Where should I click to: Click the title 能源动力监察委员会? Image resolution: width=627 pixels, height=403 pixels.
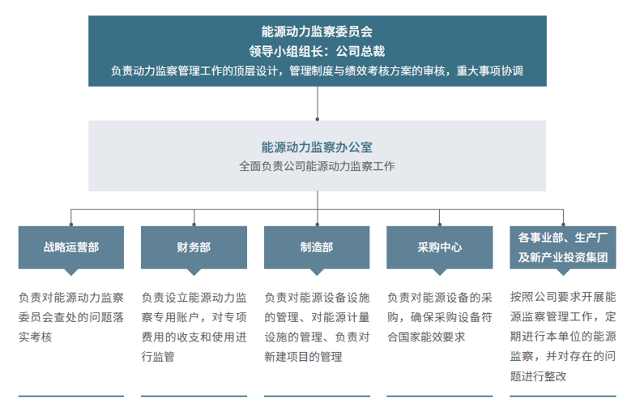pyautogui.click(x=317, y=32)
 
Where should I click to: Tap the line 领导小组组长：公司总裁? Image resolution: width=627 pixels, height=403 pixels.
pyautogui.click(x=317, y=51)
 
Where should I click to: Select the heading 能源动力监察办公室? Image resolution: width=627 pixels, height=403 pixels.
pyautogui.click(x=317, y=147)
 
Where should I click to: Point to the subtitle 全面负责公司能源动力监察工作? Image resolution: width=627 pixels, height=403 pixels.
pyautogui.click(x=317, y=166)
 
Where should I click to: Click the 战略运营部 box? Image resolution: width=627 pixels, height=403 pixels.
pyautogui.click(x=71, y=248)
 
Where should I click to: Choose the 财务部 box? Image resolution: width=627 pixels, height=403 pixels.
pyautogui.click(x=194, y=248)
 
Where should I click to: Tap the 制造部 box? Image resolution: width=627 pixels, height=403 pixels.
pyautogui.click(x=317, y=248)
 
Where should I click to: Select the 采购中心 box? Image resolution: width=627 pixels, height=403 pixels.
pyautogui.click(x=439, y=248)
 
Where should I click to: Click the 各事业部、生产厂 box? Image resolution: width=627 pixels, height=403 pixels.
pyautogui.click(x=563, y=248)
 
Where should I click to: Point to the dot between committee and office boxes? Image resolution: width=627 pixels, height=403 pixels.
pyautogui.click(x=318, y=119)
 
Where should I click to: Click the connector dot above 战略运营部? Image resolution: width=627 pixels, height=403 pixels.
pyautogui.click(x=71, y=224)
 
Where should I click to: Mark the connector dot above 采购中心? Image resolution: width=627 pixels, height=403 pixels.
pyautogui.click(x=439, y=224)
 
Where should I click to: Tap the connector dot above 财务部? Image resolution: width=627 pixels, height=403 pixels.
pyautogui.click(x=194, y=224)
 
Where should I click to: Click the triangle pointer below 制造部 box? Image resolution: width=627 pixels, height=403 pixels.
pyautogui.click(x=317, y=271)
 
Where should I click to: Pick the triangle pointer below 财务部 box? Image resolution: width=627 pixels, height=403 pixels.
pyautogui.click(x=194, y=271)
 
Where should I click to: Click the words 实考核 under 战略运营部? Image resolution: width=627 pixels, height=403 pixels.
pyautogui.click(x=35, y=337)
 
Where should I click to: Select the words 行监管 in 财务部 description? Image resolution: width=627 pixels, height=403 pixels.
pyautogui.click(x=158, y=357)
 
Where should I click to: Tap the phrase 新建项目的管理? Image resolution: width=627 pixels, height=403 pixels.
pyautogui.click(x=303, y=357)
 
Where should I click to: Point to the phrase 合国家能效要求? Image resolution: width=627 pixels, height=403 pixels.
pyautogui.click(x=426, y=337)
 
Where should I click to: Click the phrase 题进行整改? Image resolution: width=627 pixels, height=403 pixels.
pyautogui.click(x=538, y=376)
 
